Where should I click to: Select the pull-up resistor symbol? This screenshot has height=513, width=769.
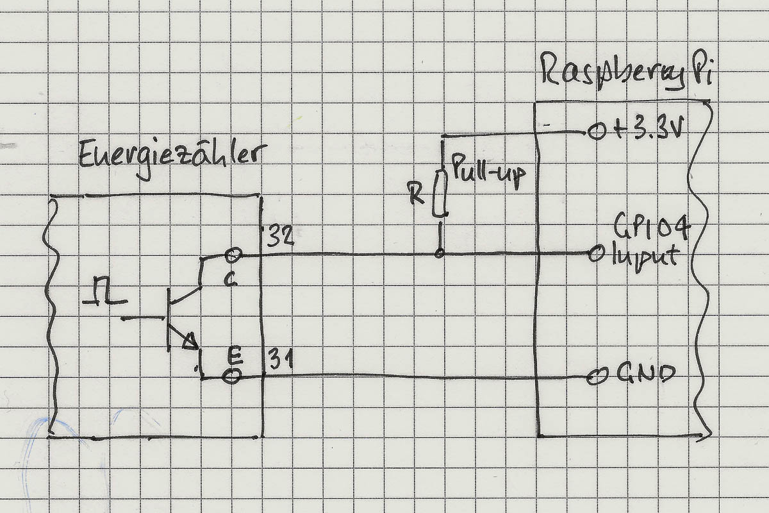pos(440,193)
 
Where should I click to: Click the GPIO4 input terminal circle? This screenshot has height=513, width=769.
pos(595,255)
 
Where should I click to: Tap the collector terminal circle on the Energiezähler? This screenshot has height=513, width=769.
pos(232,256)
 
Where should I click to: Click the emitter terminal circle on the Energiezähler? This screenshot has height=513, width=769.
pos(231,376)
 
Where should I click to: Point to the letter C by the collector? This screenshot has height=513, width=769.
pos(230,280)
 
